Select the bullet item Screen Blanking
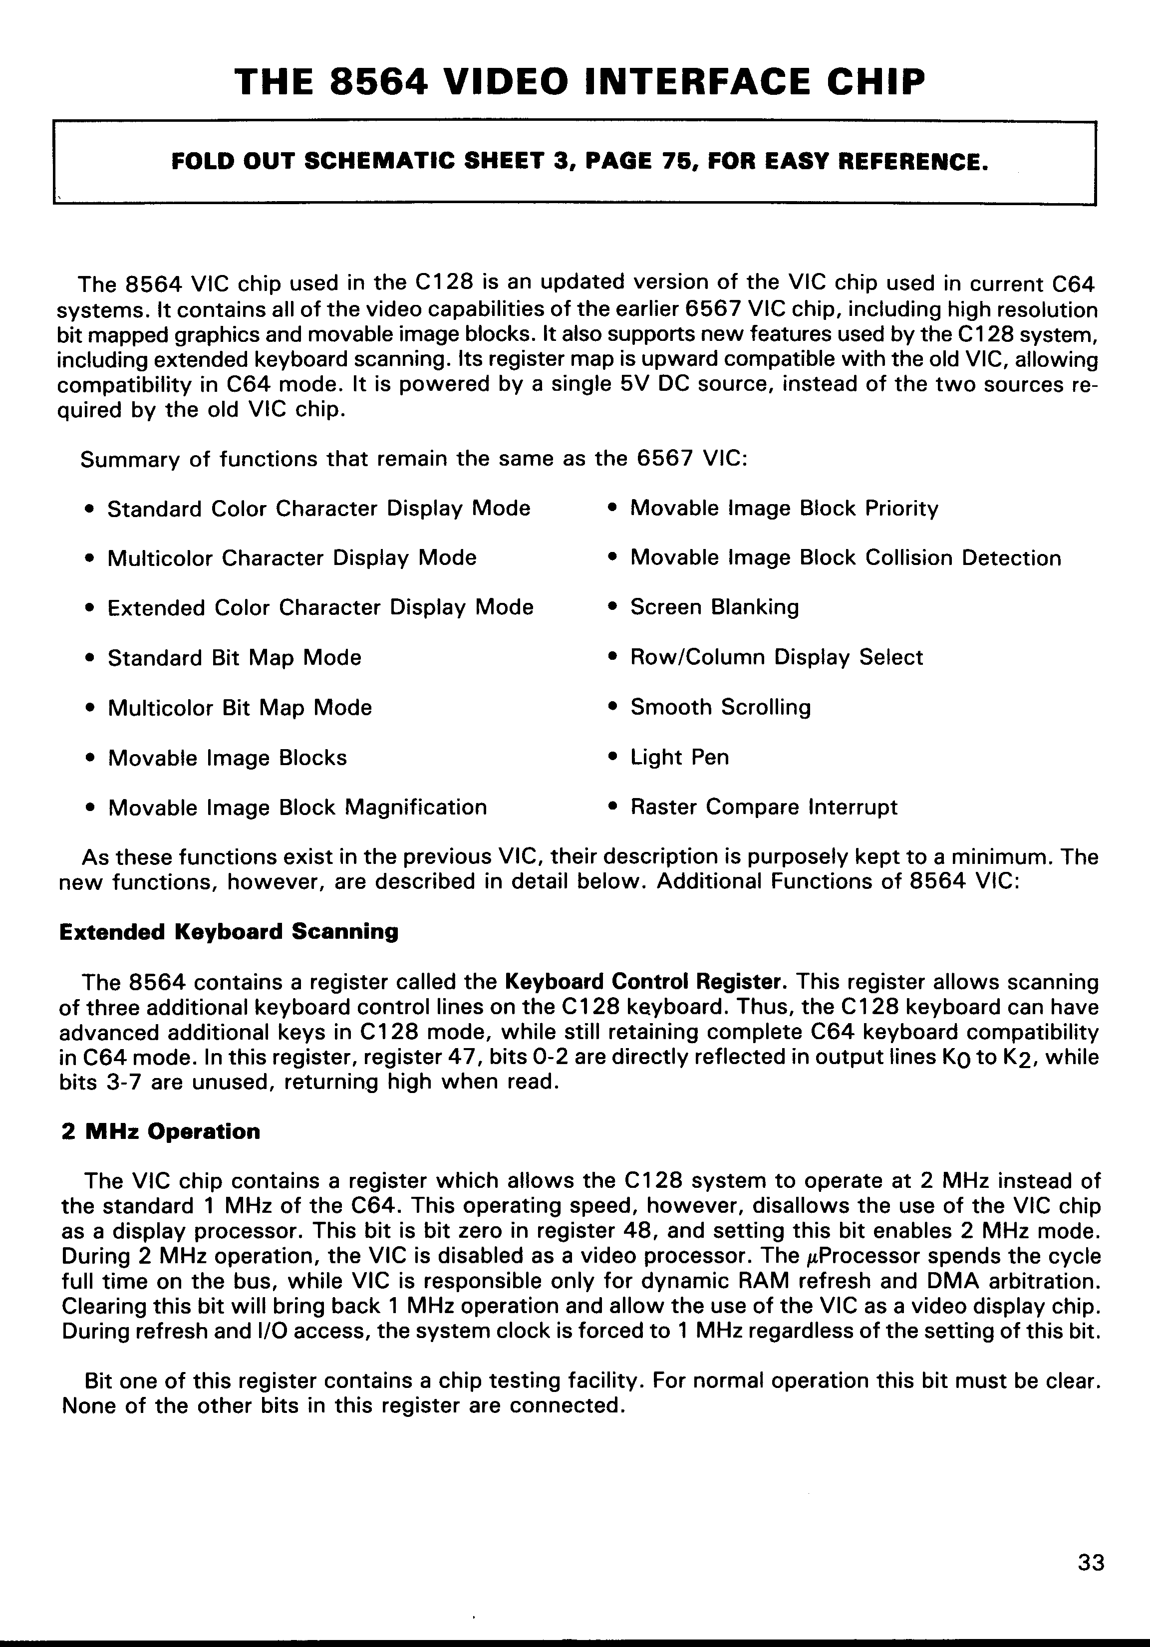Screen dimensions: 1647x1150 [714, 607]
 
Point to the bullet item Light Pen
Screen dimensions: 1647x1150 [679, 758]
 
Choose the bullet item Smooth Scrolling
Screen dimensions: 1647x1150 [720, 707]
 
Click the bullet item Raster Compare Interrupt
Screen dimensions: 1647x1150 [763, 808]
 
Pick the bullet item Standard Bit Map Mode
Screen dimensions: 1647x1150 [234, 658]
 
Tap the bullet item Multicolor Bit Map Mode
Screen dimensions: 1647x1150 [240, 708]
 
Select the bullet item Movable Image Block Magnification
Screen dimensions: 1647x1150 [297, 808]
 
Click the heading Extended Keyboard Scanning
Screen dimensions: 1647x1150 [228, 932]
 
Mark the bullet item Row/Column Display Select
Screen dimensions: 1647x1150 [776, 657]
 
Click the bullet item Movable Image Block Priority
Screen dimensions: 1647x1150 [784, 509]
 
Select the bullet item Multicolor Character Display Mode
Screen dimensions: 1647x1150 [291, 558]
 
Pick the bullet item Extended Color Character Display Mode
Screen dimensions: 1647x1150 [320, 607]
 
